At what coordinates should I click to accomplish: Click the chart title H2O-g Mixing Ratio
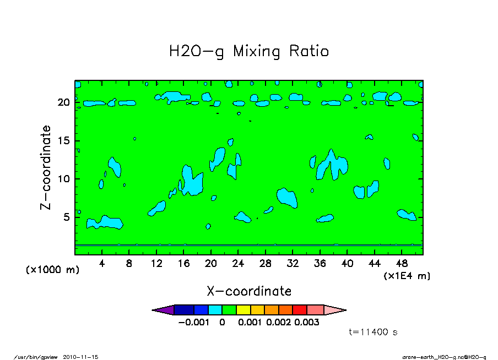click(249, 52)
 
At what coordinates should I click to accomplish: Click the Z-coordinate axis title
click(46, 167)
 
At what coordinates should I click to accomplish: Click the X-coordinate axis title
click(249, 291)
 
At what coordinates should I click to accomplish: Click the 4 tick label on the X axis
click(102, 263)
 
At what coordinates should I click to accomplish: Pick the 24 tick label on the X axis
click(238, 263)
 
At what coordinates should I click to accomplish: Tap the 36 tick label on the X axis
click(320, 263)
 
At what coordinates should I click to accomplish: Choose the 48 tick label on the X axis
click(402, 263)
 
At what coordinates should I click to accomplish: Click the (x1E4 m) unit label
click(407, 275)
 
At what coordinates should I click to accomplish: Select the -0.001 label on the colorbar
click(193, 323)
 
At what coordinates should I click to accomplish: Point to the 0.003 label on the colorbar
click(307, 323)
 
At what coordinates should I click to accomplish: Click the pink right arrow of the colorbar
click(335, 310)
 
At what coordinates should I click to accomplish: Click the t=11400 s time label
click(373, 332)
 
